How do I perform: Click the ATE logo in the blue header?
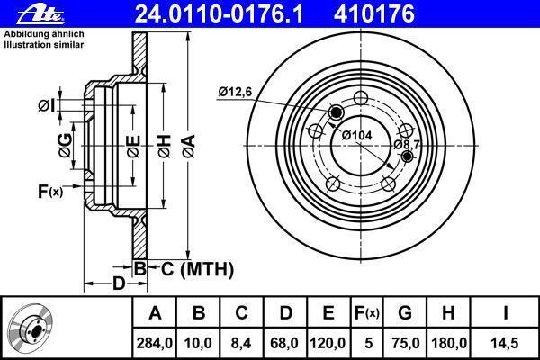pyautogui.click(x=40, y=15)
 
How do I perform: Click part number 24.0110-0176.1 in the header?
pyautogui.click(x=219, y=14)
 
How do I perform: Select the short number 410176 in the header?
pyautogui.click(x=374, y=14)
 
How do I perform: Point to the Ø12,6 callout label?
pyautogui.click(x=235, y=92)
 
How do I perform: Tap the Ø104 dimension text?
pyautogui.click(x=356, y=135)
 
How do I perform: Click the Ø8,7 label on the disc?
pyautogui.click(x=407, y=145)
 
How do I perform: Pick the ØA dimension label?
pyautogui.click(x=189, y=147)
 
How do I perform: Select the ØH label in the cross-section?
pyautogui.click(x=165, y=147)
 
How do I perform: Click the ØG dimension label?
pyautogui.click(x=66, y=146)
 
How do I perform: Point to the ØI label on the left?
pyautogui.click(x=47, y=106)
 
